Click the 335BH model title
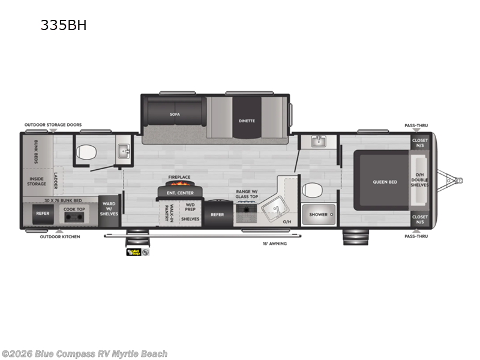point(64,26)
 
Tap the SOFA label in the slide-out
point(175,113)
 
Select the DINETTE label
point(246,121)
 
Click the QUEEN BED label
point(385,182)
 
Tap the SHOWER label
point(319,214)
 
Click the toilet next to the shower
point(311,190)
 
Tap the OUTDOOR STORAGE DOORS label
point(53,125)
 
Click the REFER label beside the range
point(217,214)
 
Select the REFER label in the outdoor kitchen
point(42,213)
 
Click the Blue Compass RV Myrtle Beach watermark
point(85,353)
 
